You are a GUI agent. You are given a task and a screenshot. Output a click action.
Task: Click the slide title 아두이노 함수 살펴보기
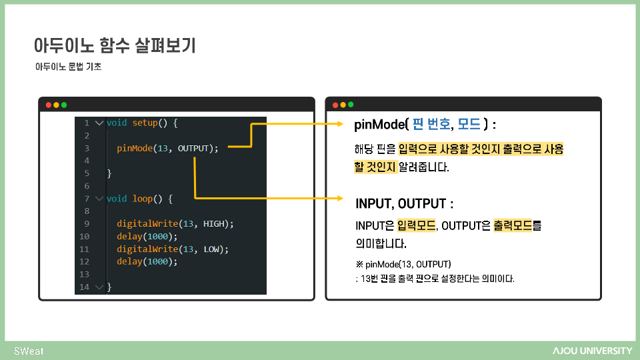(114, 46)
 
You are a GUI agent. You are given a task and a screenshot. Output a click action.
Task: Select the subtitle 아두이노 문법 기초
(68, 67)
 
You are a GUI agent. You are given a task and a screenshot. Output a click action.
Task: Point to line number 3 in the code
(87, 148)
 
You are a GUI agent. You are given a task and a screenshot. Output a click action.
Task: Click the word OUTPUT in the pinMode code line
(193, 148)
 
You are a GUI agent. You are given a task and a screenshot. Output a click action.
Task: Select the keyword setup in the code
(145, 123)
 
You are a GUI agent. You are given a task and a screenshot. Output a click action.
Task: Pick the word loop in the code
(143, 199)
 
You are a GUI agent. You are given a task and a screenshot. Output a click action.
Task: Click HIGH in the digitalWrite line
(214, 224)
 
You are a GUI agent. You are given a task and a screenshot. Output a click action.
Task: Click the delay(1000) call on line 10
(147, 236)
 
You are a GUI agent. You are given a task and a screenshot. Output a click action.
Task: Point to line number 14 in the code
(84, 287)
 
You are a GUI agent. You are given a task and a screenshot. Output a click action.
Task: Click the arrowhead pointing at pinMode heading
(342, 123)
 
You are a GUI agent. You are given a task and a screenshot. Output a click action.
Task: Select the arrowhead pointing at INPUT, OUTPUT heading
(342, 198)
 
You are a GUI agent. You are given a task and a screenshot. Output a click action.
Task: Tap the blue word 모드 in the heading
(469, 124)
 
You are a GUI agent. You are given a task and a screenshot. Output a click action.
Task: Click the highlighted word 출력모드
(513, 225)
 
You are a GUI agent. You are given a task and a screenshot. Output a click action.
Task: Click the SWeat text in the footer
(29, 351)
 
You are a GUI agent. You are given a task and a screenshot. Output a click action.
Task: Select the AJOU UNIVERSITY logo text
(592, 351)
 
